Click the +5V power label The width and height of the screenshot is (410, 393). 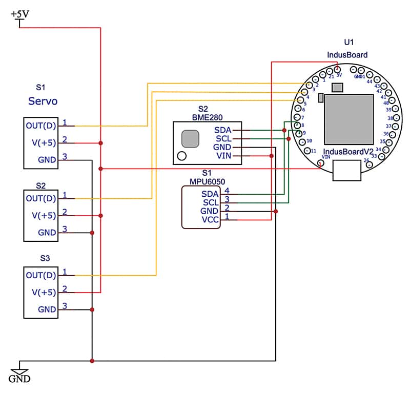point(20,14)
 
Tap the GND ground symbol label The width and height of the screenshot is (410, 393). point(19,379)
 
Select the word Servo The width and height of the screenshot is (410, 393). point(43,101)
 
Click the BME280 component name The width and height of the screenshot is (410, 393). point(208,117)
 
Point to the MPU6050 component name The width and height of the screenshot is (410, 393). point(208,181)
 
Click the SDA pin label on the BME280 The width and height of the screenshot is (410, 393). point(223,130)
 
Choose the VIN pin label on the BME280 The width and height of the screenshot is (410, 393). point(224,156)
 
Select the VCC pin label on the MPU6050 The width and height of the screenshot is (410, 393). point(210,220)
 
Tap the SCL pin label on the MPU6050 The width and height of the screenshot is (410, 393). point(211,202)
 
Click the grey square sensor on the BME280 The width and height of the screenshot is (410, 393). point(190,138)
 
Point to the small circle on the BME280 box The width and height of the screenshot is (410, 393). point(182,156)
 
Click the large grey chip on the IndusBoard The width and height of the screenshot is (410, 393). point(349,119)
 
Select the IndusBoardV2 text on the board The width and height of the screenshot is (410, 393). point(348,152)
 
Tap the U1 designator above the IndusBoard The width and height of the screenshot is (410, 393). point(349,42)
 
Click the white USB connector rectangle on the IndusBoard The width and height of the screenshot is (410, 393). point(347,170)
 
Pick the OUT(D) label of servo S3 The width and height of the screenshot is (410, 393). point(41,275)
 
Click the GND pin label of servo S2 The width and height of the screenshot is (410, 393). point(47,233)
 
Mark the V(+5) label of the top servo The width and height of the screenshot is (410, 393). point(44,143)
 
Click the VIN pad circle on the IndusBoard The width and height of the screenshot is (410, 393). point(321,163)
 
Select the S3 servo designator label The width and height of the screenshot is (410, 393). point(45,258)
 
